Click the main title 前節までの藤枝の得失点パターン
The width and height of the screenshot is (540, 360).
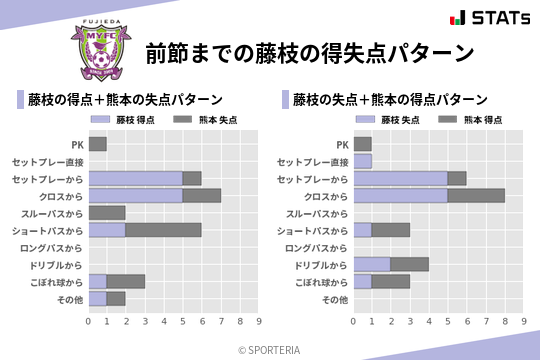click(x=308, y=52)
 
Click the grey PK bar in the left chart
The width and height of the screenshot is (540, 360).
click(x=97, y=144)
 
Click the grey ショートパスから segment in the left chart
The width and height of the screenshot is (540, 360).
click(x=163, y=229)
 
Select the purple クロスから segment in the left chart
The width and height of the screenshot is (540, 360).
click(x=135, y=195)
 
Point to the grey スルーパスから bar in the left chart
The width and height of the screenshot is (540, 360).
click(x=107, y=212)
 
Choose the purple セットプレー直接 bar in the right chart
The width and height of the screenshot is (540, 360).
click(x=362, y=161)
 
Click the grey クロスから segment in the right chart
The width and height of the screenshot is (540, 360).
click(x=476, y=195)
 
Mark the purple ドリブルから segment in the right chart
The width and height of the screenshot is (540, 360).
click(x=372, y=264)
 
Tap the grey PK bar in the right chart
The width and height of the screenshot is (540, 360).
click(x=362, y=144)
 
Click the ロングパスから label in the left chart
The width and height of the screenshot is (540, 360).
click(x=56, y=247)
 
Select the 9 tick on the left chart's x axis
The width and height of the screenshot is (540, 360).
click(x=258, y=321)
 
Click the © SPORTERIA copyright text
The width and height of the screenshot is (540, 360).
click(x=270, y=349)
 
